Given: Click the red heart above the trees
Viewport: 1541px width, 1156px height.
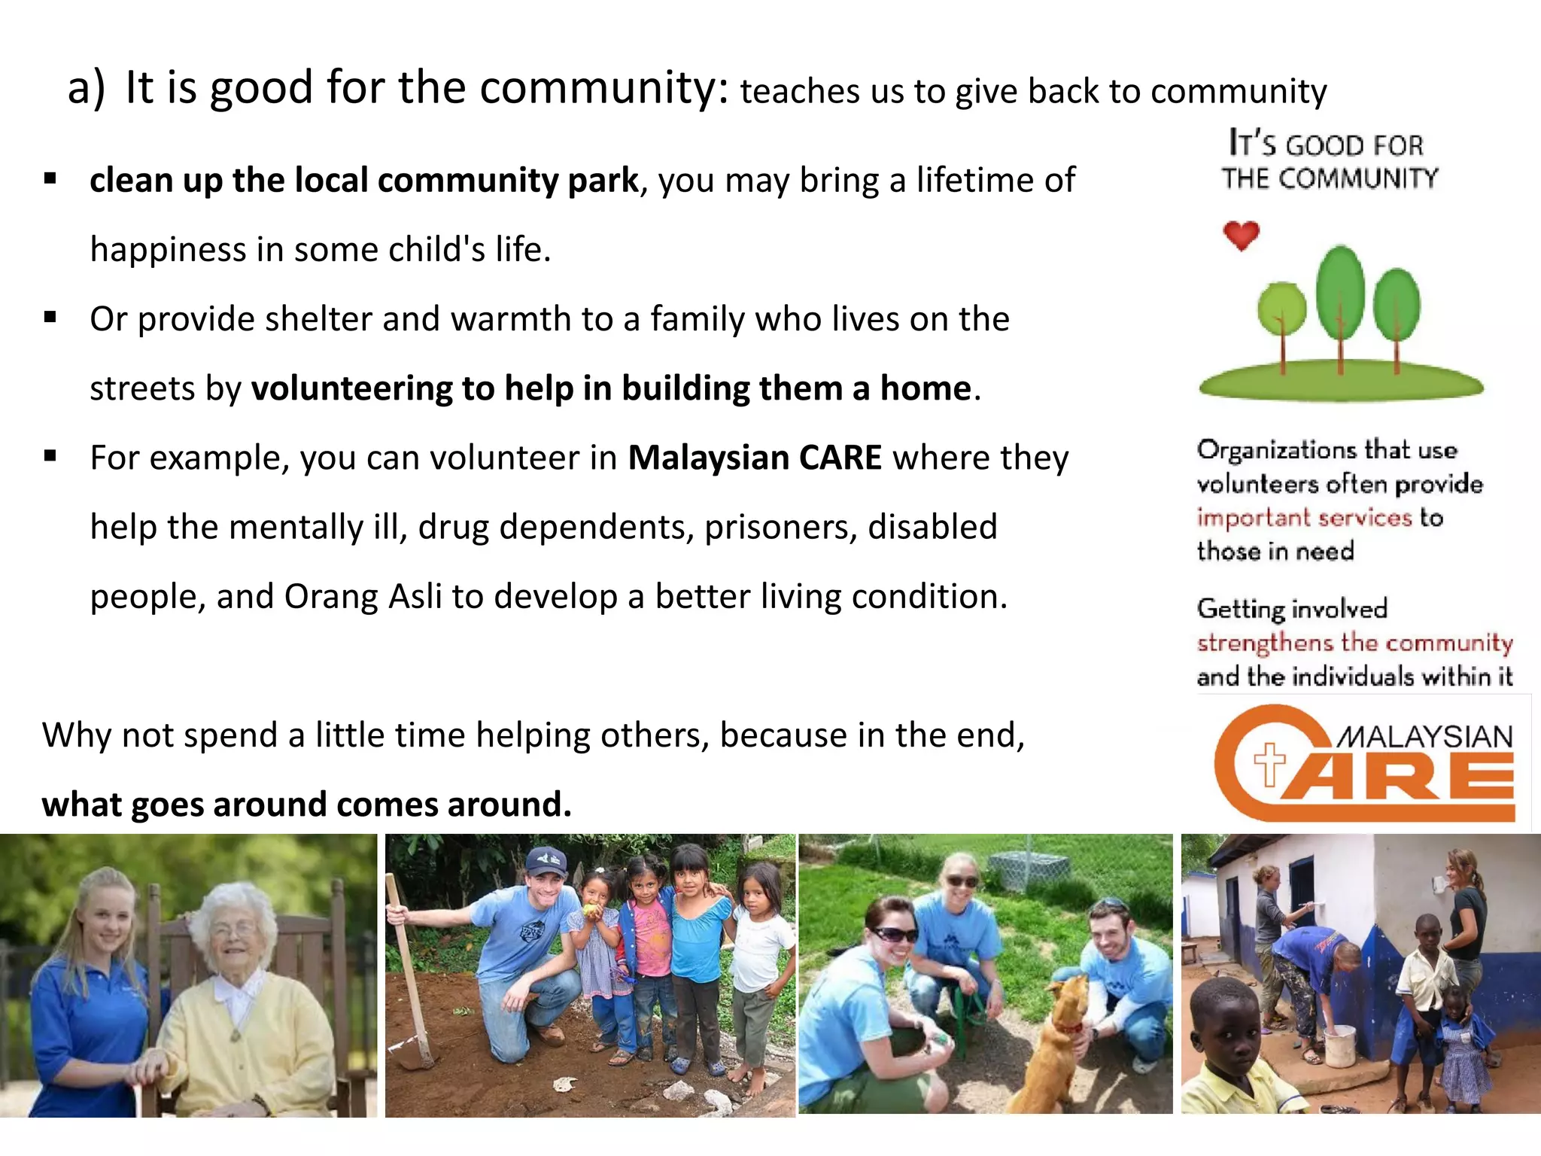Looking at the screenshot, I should point(1241,236).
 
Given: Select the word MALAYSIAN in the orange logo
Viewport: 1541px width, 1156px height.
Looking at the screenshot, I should point(1424,736).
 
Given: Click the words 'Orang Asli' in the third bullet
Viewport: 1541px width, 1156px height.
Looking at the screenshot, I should point(363,597).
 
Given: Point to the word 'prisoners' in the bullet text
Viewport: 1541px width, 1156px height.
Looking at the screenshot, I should point(780,528).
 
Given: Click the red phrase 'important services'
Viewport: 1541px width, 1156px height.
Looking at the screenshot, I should point(1304,518).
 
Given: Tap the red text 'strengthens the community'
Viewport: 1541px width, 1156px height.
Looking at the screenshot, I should point(1354,643).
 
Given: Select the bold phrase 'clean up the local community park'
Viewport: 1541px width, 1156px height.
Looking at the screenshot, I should point(363,181).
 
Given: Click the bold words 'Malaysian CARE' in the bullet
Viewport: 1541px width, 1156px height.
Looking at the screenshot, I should point(755,458).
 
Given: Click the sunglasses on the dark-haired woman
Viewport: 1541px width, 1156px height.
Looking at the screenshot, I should point(893,935).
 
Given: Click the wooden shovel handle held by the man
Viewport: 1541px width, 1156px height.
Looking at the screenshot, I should point(406,971).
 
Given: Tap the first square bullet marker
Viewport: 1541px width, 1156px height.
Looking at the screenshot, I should point(50,179).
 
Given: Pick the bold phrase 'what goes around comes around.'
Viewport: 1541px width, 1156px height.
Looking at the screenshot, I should point(306,805).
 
